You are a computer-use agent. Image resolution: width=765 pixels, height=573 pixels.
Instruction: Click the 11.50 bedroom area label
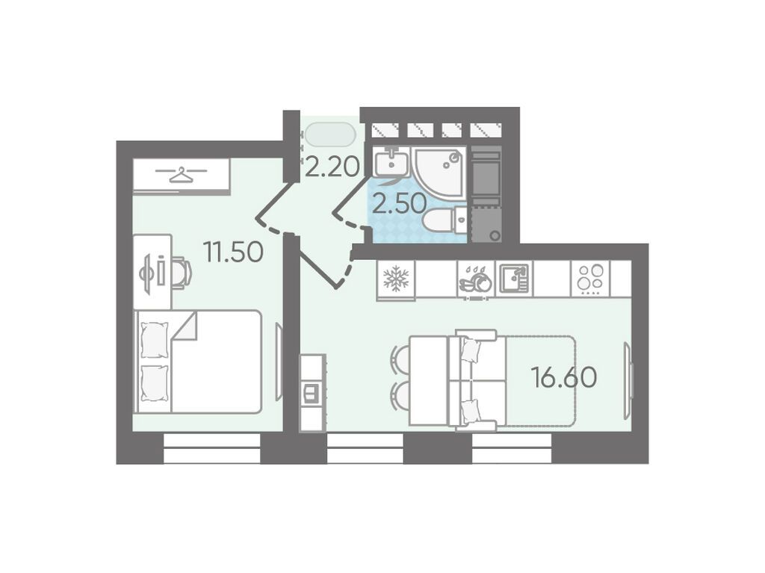click(234, 253)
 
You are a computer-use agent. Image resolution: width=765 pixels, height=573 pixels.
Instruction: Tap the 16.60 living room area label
click(565, 377)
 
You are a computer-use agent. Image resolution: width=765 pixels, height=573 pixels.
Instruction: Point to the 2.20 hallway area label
click(332, 168)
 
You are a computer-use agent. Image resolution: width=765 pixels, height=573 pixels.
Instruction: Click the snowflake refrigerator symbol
click(396, 279)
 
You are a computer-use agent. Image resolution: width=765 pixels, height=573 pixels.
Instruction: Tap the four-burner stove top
click(591, 278)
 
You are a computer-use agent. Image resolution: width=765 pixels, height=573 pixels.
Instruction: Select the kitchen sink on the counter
click(515, 279)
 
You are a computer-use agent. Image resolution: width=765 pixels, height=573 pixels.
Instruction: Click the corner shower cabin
click(439, 173)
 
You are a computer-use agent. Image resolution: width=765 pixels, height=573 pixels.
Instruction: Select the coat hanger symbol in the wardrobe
click(181, 174)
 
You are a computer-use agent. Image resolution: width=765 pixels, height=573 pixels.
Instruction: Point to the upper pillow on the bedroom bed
click(154, 340)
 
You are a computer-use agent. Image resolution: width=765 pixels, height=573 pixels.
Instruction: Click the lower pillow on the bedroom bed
click(154, 383)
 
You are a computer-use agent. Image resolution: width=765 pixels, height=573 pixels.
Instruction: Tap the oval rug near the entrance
click(330, 134)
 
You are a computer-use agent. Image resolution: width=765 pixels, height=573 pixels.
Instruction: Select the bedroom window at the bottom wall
click(212, 448)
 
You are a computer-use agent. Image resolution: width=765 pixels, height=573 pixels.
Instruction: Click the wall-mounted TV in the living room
click(628, 380)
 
